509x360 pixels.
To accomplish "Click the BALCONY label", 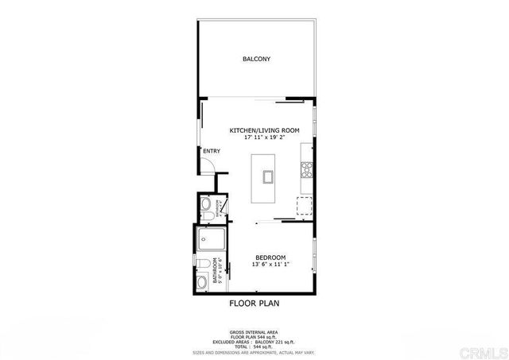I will tap(256, 59).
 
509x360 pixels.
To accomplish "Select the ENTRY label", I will tap(211, 152).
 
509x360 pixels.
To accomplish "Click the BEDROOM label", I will tap(270, 257).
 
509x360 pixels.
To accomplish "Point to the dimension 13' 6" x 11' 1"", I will tap(270, 265).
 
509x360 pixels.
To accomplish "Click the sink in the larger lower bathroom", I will tap(201, 281).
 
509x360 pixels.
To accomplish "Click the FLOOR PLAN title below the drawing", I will tap(254, 303).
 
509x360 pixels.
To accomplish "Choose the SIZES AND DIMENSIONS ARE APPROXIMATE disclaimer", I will tap(254, 351).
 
